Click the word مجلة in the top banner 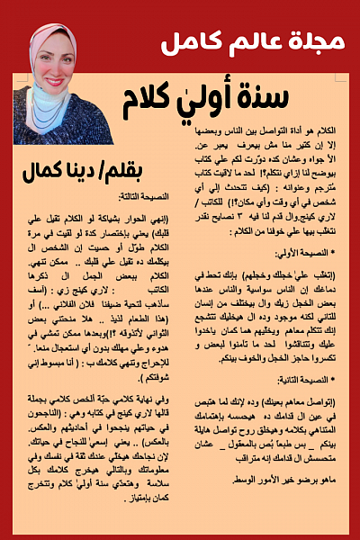(321, 42)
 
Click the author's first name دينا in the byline (59, 172)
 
